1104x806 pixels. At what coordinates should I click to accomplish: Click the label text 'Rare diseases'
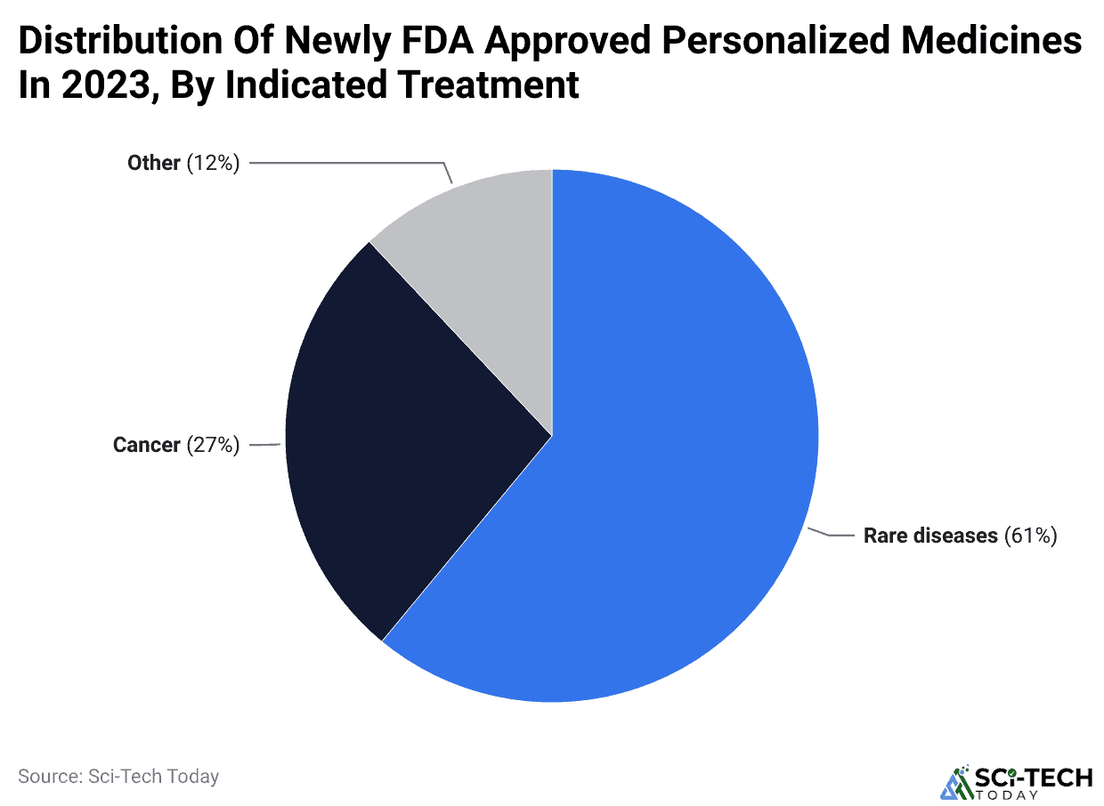pyautogui.click(x=930, y=536)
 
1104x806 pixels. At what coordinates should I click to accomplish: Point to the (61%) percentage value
pyautogui.click(x=1030, y=536)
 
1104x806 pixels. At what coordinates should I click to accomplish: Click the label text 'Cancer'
pyautogui.click(x=146, y=445)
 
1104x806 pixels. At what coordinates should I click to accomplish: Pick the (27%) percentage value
pyautogui.click(x=213, y=445)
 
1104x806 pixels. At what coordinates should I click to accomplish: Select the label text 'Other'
pyautogui.click(x=153, y=163)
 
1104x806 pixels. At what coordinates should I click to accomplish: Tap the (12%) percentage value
pyautogui.click(x=213, y=163)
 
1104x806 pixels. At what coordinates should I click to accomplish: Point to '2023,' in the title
pyautogui.click(x=107, y=86)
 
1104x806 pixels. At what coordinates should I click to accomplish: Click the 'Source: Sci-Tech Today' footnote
pyautogui.click(x=118, y=776)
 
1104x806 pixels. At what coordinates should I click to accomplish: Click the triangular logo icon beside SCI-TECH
pyautogui.click(x=956, y=782)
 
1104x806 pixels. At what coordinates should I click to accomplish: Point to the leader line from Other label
pyautogui.click(x=347, y=163)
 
